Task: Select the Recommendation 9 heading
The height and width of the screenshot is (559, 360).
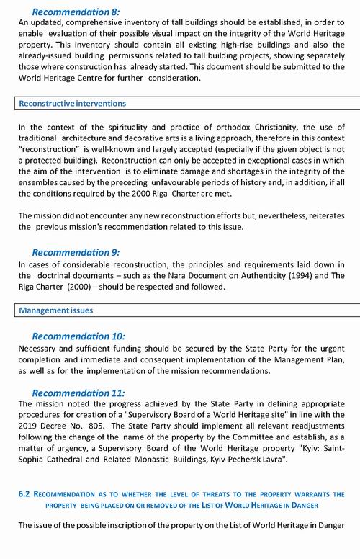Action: click(x=76, y=252)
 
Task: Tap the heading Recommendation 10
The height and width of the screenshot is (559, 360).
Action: click(x=78, y=336)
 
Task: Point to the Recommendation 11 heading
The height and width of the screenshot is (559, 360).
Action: click(x=78, y=393)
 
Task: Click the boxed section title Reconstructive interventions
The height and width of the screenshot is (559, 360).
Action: click(x=73, y=104)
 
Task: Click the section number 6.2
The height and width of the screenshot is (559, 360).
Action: click(x=25, y=494)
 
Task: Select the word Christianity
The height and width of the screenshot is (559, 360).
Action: click(x=281, y=128)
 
